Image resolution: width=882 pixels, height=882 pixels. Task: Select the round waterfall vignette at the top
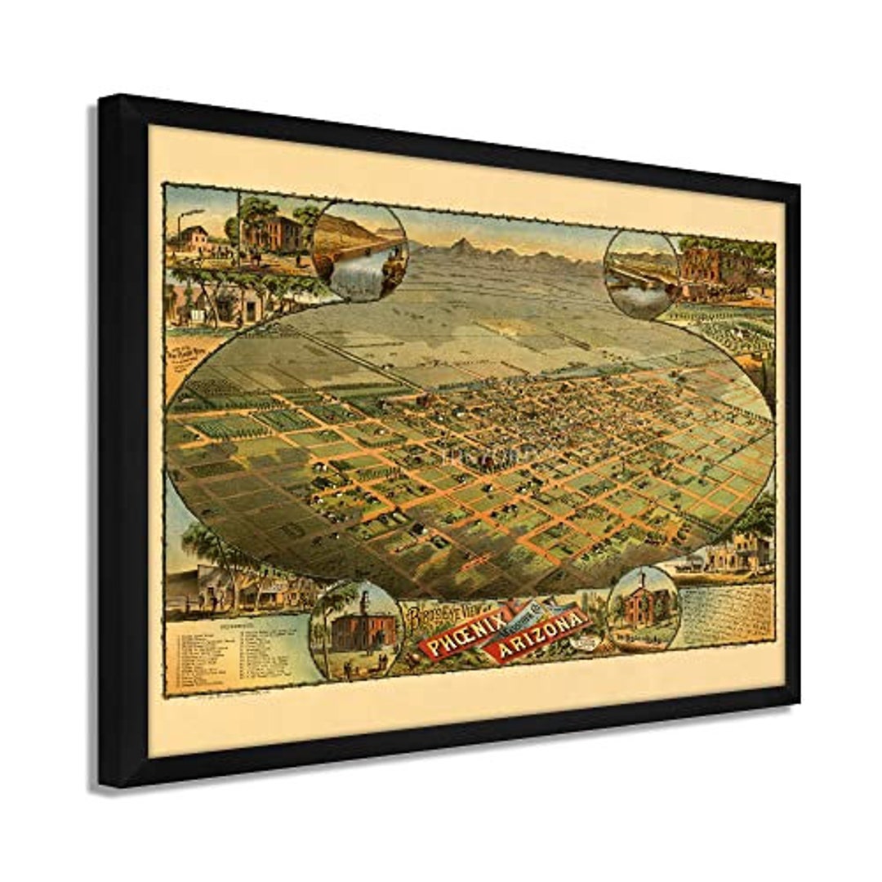[x=359, y=250]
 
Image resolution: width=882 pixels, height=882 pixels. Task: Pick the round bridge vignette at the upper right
[x=642, y=273]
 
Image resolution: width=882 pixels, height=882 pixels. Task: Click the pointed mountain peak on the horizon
[x=463, y=244]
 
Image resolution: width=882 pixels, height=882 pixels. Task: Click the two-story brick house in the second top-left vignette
[x=269, y=232]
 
